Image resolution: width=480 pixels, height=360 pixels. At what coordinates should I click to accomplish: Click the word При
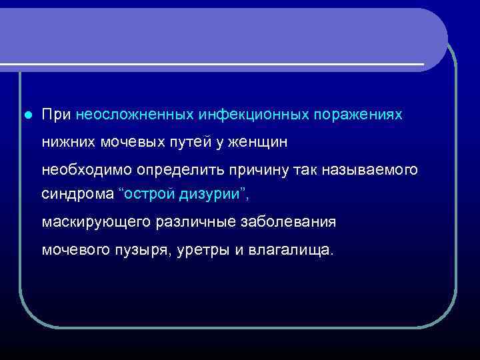[x=57, y=115]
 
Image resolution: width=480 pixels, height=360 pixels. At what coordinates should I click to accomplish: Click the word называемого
[x=370, y=169]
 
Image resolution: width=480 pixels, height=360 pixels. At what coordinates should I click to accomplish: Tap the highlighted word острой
[x=150, y=195]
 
